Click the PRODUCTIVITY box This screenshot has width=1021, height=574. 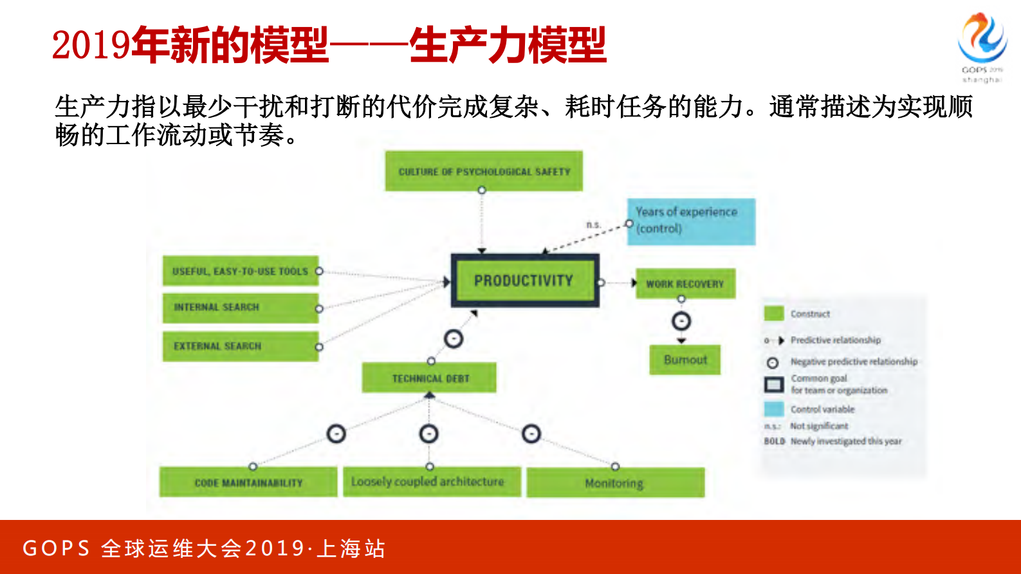coord(524,281)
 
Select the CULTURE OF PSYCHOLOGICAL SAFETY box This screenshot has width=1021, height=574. coord(484,171)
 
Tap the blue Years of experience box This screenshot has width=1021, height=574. coord(691,221)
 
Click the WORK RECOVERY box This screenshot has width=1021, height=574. coord(685,284)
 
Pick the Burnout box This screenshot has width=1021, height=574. coord(685,360)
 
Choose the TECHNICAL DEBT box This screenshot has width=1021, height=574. coord(429,378)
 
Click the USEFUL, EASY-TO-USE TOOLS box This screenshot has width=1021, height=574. coord(240,271)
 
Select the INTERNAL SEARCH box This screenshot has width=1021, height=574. coord(240,308)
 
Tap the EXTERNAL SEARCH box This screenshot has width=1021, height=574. coord(240,346)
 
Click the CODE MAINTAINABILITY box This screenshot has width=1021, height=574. coord(248,482)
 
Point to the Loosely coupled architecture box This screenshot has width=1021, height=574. coord(431,481)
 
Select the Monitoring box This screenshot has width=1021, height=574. coord(615,483)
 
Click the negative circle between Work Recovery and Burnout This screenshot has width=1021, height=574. coord(681,320)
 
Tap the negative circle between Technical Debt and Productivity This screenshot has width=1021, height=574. coord(454,338)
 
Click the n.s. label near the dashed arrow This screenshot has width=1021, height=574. coord(593,225)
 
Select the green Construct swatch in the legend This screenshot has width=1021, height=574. coord(773,313)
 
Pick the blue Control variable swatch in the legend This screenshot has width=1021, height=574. coord(773,409)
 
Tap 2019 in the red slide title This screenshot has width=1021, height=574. coord(91,45)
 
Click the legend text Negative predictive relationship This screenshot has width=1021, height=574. coord(854,362)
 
